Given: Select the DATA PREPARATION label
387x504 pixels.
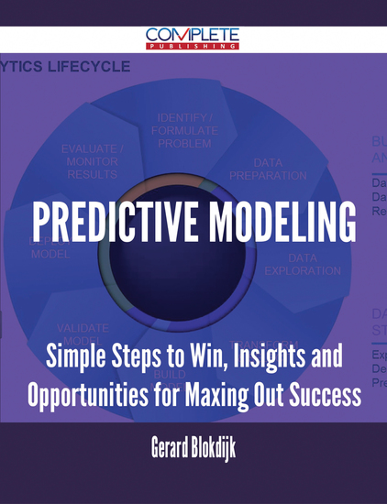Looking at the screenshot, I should click(x=269, y=168).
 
